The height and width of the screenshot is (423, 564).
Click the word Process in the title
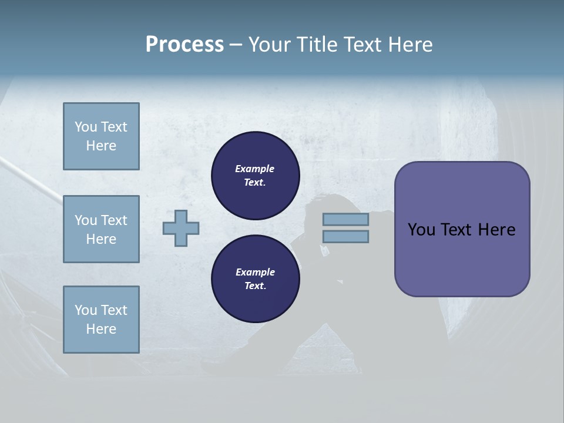pyautogui.click(x=184, y=45)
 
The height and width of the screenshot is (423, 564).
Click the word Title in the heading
pyautogui.click(x=316, y=45)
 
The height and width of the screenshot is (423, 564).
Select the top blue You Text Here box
pyautogui.click(x=101, y=136)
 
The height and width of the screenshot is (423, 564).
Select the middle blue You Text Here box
pyautogui.click(x=101, y=229)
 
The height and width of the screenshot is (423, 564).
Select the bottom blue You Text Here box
pyautogui.click(x=101, y=320)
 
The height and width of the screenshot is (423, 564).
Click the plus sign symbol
pyautogui.click(x=181, y=228)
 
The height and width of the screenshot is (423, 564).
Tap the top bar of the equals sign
pyautogui.click(x=345, y=219)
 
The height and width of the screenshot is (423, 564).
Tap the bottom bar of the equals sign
pyautogui.click(x=345, y=236)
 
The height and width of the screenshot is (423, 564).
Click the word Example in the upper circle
pyautogui.click(x=255, y=169)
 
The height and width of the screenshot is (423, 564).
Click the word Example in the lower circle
pyautogui.click(x=255, y=272)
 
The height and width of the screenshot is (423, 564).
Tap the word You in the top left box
pyautogui.click(x=85, y=127)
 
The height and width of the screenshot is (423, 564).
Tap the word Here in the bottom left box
pyautogui.click(x=101, y=329)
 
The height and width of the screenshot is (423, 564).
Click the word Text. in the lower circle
pyautogui.click(x=255, y=286)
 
